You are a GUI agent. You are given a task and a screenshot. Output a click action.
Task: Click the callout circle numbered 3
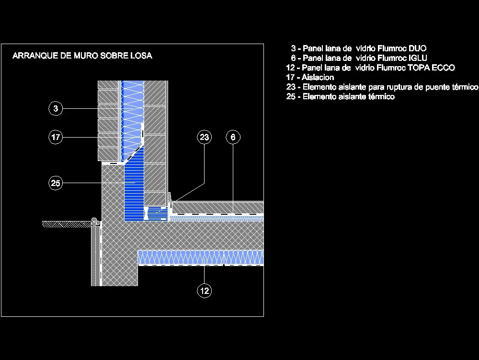[56, 109]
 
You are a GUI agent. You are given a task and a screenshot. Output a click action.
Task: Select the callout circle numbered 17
[56, 138]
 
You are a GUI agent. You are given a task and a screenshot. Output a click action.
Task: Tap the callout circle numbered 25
[56, 183]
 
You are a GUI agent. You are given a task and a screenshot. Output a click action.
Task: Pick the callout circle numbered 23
[205, 138]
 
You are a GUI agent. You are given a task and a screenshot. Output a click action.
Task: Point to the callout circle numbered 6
[233, 138]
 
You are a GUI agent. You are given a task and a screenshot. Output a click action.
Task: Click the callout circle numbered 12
[205, 290]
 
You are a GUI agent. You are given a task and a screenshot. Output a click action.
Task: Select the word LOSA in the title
[141, 56]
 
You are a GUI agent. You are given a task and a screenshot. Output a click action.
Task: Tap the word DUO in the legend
[417, 48]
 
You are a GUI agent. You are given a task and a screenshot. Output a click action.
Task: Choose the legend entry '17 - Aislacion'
[310, 77]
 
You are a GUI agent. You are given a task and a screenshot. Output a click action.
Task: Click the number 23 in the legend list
[291, 87]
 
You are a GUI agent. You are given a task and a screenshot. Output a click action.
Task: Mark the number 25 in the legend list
[291, 97]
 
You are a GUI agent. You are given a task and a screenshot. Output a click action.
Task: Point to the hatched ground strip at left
[67, 224]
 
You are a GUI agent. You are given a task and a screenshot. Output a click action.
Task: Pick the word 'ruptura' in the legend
[391, 87]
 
